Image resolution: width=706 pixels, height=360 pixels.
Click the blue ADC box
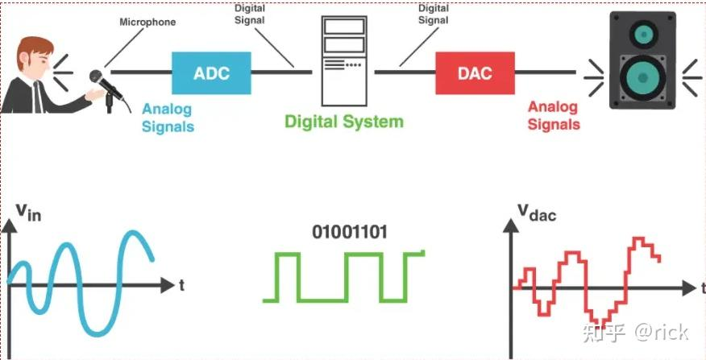212,73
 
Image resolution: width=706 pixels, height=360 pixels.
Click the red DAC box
476,73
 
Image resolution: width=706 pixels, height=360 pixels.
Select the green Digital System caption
343,122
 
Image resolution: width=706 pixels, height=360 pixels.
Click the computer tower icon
344,61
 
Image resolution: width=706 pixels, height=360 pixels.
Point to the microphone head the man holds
98,78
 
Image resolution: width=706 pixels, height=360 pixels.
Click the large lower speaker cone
642,78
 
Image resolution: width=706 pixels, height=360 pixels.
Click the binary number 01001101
350,233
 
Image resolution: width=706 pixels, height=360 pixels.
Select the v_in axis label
29,213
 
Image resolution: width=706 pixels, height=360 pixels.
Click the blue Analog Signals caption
168,117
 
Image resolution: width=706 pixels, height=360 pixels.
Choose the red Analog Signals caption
553,116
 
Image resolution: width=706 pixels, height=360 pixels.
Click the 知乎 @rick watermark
636,332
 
